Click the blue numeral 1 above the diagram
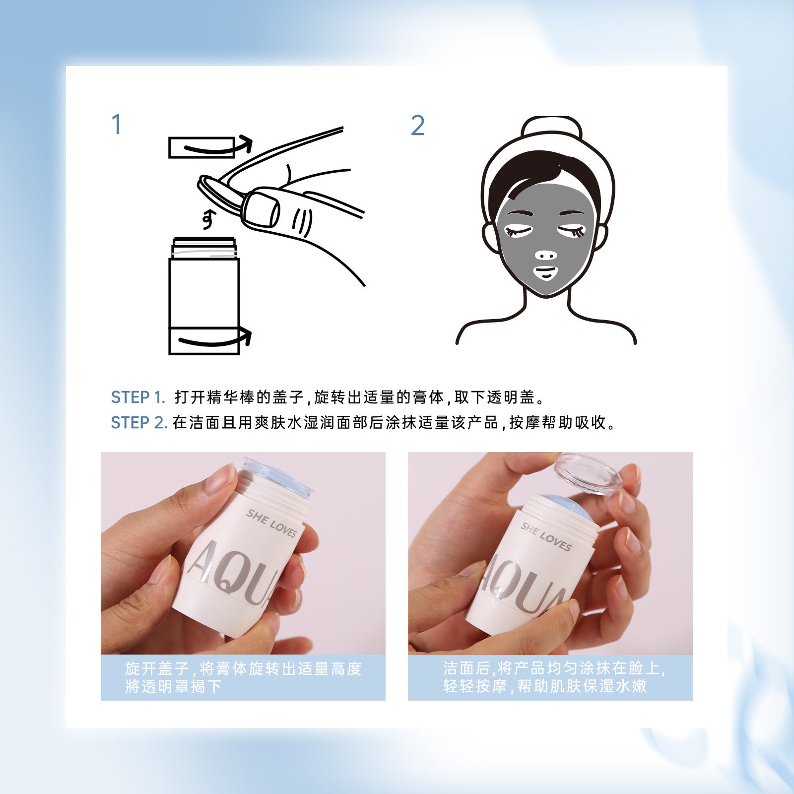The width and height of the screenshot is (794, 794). (x=117, y=125)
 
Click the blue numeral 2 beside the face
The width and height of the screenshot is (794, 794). (x=418, y=126)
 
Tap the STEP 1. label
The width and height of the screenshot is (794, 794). (x=137, y=397)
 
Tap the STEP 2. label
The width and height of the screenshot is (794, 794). (x=138, y=423)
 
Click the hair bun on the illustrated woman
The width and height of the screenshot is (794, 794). (x=551, y=130)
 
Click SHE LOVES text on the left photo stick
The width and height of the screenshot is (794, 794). (x=271, y=523)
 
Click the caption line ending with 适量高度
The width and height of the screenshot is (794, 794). (x=243, y=668)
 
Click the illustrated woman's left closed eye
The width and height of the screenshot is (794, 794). (x=518, y=231)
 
